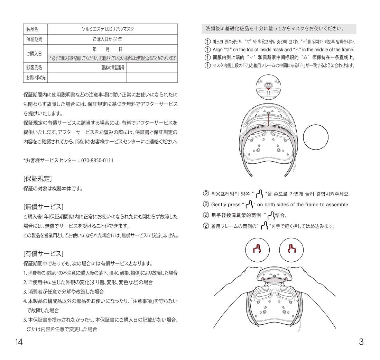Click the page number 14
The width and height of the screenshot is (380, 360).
[x=19, y=342]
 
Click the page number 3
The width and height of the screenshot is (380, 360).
[x=361, y=342]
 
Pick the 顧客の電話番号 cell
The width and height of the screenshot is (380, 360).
[x=113, y=67]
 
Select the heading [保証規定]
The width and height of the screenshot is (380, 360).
[x=38, y=179]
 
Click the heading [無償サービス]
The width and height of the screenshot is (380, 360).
[x=43, y=207]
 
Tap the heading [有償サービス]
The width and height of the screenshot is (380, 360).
[x=43, y=253]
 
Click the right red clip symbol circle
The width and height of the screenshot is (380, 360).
[x=291, y=248]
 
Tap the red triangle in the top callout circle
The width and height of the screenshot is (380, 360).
[x=268, y=89]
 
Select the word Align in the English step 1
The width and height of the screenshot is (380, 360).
[x=217, y=49]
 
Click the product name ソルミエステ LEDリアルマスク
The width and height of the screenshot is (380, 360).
[x=112, y=29]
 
